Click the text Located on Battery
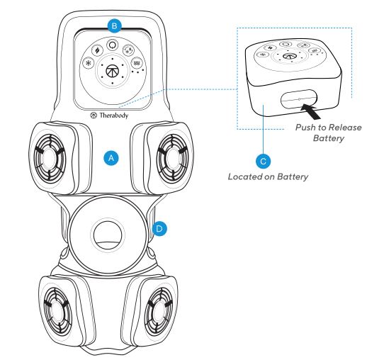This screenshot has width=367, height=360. [x=266, y=176]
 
